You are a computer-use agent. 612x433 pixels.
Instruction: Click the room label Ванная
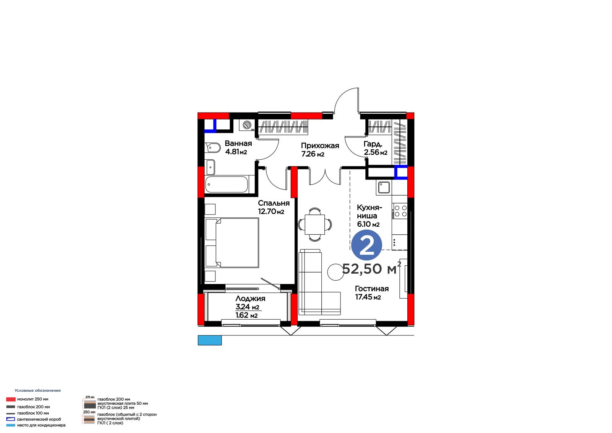238,143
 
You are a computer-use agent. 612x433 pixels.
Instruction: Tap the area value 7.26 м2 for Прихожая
313,154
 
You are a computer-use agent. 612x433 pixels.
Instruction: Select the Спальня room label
273,203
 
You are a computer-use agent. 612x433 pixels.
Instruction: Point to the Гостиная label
371,289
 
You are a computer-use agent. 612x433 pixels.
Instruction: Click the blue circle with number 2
367,245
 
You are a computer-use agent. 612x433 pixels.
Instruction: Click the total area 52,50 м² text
371,268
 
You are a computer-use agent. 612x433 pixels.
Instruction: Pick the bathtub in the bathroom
227,185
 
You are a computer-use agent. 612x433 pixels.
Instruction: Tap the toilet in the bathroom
213,148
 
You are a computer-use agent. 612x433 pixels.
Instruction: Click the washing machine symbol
247,125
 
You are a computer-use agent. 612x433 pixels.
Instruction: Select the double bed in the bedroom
232,242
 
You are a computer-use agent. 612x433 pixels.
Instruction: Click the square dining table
315,225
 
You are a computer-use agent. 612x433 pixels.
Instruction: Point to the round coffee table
335,272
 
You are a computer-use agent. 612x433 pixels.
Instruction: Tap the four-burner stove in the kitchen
400,211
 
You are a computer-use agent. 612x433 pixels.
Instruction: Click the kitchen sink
384,188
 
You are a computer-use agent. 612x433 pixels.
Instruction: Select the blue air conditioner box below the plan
210,340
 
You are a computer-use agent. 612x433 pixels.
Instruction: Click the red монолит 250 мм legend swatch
11,399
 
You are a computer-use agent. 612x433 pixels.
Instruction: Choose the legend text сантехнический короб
39,419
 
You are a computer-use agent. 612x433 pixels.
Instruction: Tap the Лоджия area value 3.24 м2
247,307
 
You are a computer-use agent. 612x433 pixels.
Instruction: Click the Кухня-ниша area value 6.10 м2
368,224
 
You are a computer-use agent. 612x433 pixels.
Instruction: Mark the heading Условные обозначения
38,391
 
